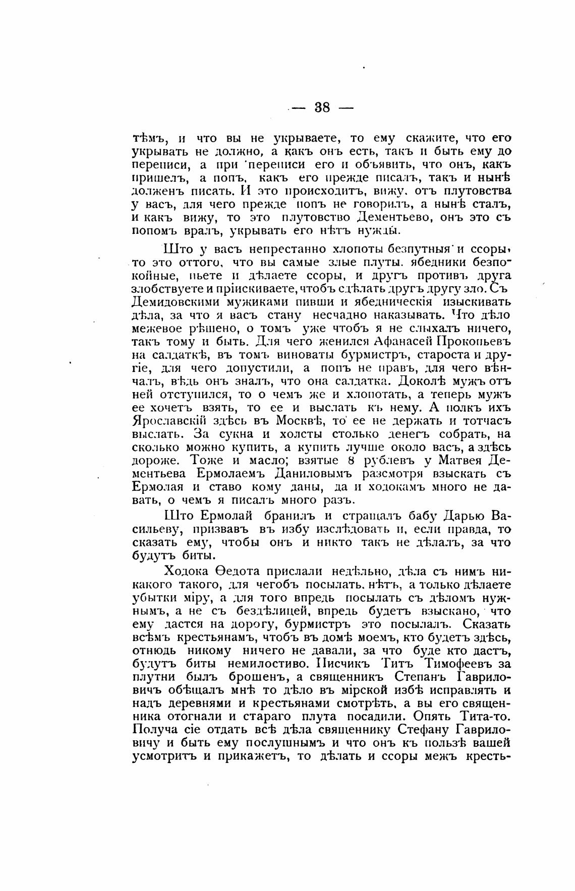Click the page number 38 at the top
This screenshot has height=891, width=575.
coord(321,107)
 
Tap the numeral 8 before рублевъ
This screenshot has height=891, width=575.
coord(343,459)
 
